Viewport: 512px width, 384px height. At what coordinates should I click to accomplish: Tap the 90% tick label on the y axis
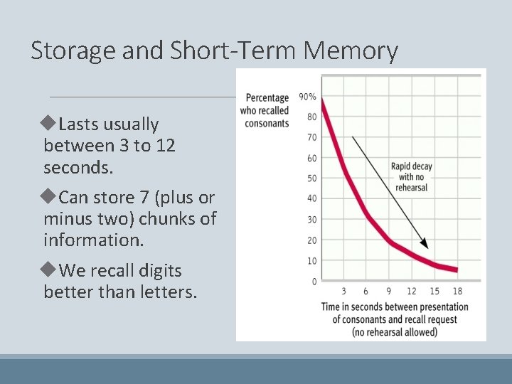tap(308, 97)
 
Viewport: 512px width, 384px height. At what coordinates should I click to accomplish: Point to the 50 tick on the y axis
tap(311, 178)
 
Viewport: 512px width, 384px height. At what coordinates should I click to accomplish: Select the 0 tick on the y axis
tap(314, 282)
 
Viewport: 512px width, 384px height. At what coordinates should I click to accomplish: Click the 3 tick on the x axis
tap(343, 292)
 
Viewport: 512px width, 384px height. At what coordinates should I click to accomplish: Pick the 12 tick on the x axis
tap(412, 292)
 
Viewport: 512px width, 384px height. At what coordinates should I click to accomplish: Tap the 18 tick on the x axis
tap(457, 292)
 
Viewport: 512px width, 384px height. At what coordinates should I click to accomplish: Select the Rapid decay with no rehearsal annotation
tap(412, 177)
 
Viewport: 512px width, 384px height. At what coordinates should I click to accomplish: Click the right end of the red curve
tap(456, 270)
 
